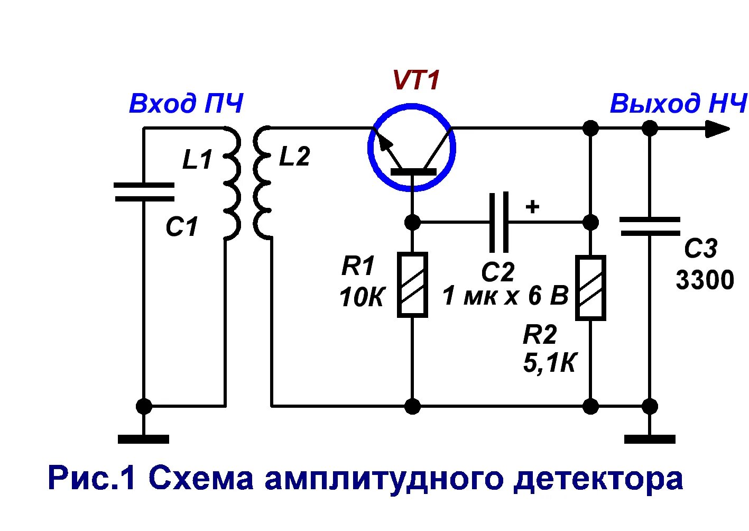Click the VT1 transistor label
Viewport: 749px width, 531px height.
coord(416,80)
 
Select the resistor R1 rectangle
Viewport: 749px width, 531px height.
coord(412,285)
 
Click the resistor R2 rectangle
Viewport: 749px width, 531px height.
coord(590,288)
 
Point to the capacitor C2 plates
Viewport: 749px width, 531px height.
coord(499,222)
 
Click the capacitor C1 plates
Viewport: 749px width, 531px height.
coord(144,192)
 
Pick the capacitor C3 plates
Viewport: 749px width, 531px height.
coord(650,226)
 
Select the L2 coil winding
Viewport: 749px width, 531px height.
coord(263,183)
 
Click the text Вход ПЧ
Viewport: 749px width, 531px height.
coord(186,104)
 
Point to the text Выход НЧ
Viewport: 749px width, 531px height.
coord(678,104)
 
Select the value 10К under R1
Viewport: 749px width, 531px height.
coord(362,298)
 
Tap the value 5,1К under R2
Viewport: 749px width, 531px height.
coord(549,363)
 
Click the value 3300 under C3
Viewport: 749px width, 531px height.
coord(705,280)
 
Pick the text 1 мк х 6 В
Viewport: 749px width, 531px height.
coord(505,296)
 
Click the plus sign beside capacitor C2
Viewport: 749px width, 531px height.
coord(532,206)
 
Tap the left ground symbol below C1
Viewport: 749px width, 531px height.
coord(143,438)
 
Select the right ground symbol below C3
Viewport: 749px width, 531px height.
coord(650,438)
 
